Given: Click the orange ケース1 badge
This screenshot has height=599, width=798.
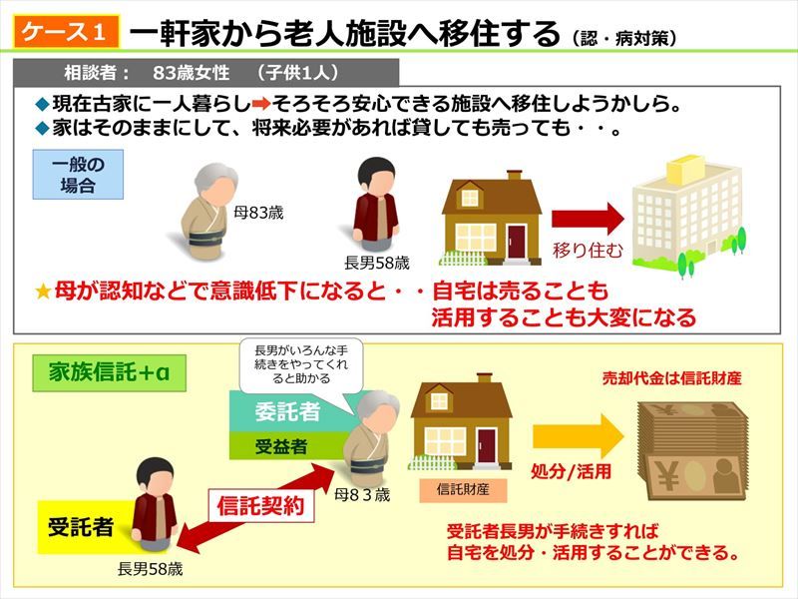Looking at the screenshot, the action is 66,32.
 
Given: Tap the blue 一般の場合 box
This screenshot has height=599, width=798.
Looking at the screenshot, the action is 78,174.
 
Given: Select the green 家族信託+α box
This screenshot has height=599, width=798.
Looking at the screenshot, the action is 109,372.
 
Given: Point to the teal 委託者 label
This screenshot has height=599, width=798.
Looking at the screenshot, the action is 287,411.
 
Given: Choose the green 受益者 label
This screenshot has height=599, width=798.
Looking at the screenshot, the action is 281,446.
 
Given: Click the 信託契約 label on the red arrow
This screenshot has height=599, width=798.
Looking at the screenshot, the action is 260,506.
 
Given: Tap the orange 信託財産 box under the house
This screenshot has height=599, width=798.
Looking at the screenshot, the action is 463,489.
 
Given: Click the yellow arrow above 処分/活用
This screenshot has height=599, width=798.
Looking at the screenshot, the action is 578,436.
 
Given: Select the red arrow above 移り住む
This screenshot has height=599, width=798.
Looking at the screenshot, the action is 588,219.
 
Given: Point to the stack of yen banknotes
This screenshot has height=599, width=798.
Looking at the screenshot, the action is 693,451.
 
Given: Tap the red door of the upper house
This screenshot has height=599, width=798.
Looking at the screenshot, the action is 516,242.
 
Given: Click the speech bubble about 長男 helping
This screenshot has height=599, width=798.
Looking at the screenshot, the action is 302,364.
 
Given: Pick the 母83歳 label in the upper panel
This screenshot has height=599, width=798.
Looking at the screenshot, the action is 258,213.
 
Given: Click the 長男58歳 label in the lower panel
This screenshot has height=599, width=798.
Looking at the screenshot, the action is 151,569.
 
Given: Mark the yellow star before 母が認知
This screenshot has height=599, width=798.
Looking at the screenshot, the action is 43,292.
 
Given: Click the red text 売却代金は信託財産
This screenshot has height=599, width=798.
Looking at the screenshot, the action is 671,378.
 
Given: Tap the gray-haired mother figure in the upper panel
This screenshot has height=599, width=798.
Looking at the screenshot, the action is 208,212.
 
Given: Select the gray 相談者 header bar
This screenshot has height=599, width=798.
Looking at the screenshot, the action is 206,73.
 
